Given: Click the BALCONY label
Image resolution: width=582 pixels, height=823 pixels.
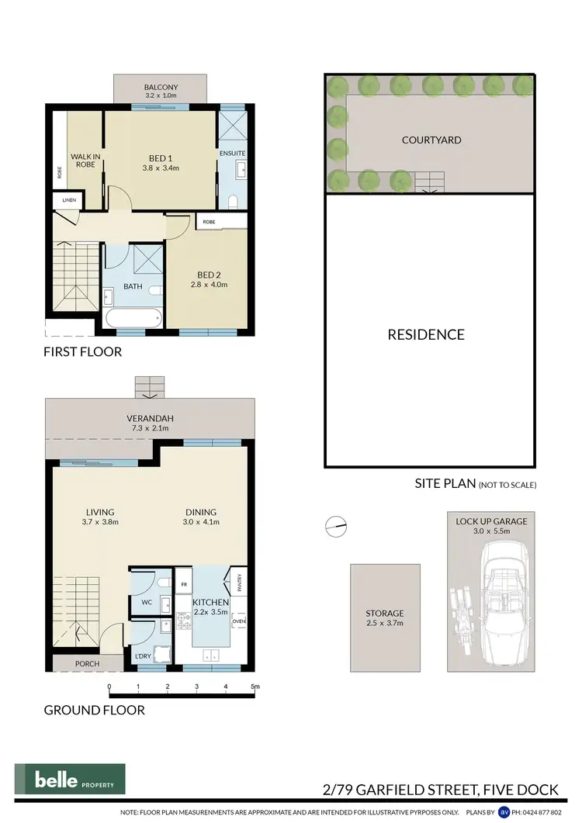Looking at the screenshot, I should (x=161, y=87).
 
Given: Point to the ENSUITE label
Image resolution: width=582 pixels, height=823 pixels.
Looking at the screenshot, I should (x=233, y=153).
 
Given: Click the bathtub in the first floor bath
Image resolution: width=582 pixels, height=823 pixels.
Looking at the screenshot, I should (x=133, y=318).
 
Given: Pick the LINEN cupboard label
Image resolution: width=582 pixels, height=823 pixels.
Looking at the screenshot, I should (x=64, y=200).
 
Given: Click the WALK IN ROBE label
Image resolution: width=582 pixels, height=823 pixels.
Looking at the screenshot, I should (x=83, y=161).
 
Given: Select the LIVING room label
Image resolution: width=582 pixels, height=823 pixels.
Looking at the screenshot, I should (x=100, y=512).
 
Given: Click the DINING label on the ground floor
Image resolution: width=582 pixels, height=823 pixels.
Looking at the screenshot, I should (x=201, y=512).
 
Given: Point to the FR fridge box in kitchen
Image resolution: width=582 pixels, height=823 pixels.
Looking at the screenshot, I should (x=185, y=582).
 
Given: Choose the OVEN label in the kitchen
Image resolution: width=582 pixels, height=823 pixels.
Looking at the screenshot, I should (x=238, y=621).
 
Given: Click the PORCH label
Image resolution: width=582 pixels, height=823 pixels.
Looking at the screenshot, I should (x=87, y=664).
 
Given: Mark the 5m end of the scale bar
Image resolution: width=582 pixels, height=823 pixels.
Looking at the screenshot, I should (x=255, y=686).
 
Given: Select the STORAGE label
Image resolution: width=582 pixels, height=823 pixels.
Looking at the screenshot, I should (x=385, y=613).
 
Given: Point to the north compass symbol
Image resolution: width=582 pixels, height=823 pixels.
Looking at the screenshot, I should (x=334, y=526).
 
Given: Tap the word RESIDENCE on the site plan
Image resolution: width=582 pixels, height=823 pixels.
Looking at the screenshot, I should (x=426, y=334).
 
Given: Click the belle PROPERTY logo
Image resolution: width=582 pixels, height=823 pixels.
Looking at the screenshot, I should (x=70, y=780).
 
